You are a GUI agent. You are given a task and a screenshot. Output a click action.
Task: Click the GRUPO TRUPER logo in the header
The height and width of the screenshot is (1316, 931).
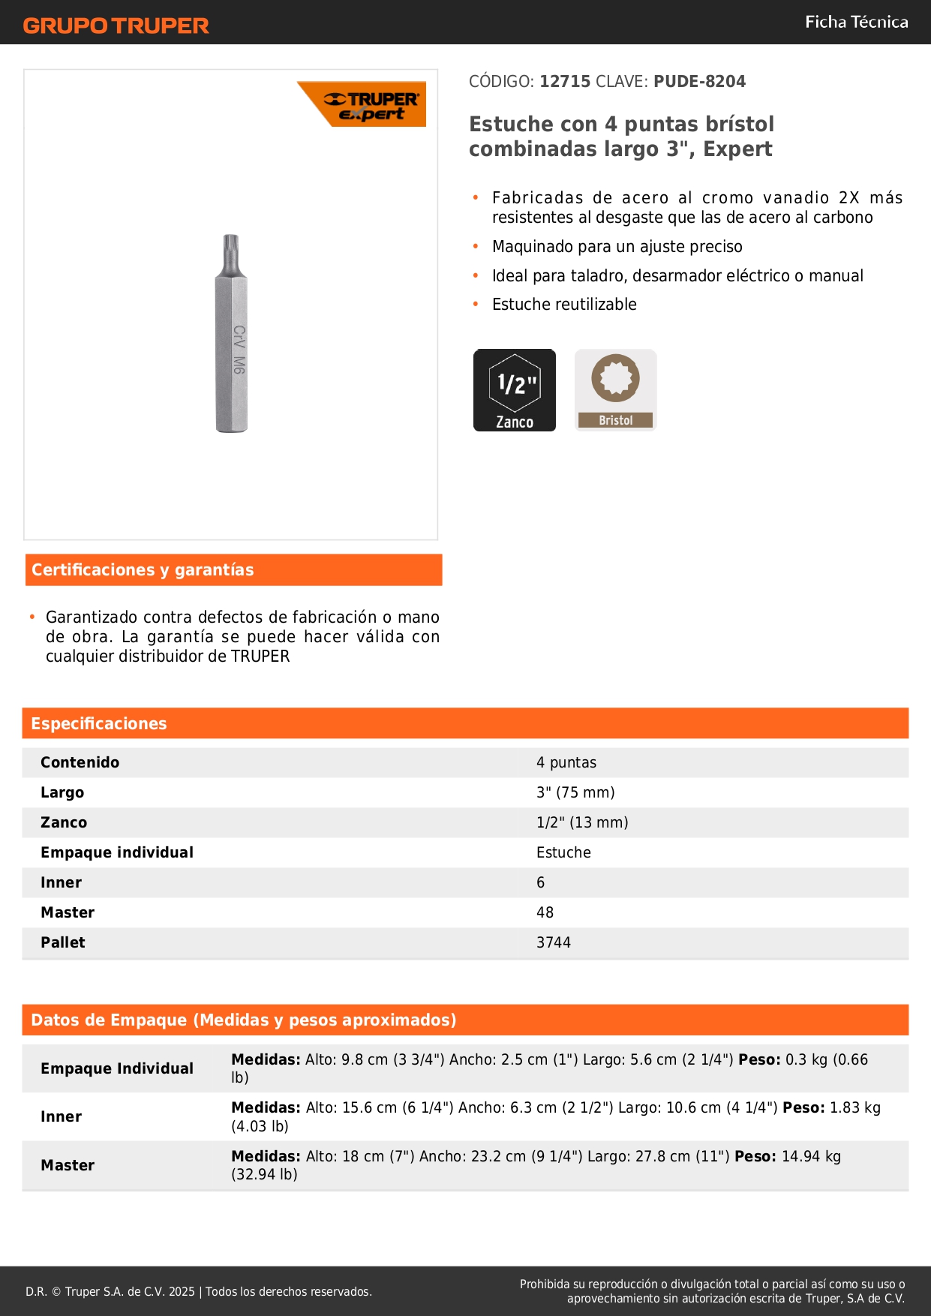[x=116, y=26]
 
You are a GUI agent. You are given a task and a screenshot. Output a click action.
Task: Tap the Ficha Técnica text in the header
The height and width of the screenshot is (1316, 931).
[x=856, y=23]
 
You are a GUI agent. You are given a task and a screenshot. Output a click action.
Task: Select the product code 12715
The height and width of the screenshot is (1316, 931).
[x=565, y=82]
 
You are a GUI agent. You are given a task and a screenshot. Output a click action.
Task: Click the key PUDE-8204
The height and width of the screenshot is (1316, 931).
[x=699, y=82]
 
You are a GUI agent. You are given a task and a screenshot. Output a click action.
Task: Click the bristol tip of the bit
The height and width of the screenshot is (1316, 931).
[x=230, y=248]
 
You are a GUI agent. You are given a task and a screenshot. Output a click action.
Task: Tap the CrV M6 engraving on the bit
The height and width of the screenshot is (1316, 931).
[x=239, y=350]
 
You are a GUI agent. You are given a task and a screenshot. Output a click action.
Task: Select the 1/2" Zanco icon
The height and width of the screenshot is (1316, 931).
[x=515, y=390]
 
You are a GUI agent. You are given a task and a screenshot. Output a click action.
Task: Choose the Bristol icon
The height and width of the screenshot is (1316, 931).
[x=616, y=390]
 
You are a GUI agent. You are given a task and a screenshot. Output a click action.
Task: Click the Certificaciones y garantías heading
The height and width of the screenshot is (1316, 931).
[x=143, y=570]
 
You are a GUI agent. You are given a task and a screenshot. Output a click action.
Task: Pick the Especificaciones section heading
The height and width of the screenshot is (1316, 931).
[x=99, y=724]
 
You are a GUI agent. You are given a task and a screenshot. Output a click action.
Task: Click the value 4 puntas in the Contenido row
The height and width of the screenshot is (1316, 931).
[x=566, y=763]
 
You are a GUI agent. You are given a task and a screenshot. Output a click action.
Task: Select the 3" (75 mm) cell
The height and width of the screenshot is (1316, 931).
[x=575, y=793]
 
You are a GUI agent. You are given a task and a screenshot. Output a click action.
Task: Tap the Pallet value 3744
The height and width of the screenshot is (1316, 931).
[x=554, y=943]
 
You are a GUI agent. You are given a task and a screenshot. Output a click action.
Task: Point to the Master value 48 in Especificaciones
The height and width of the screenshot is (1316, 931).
[x=545, y=913]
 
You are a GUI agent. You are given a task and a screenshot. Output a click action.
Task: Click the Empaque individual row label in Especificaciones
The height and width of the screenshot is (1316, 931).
[x=117, y=853]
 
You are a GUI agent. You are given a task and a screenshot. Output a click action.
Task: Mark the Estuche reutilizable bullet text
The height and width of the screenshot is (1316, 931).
[x=564, y=305]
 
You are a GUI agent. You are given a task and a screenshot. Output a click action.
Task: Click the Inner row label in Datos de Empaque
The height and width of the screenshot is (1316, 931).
[x=62, y=1117]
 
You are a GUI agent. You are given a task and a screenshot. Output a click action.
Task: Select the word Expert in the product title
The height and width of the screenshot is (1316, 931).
[x=737, y=149]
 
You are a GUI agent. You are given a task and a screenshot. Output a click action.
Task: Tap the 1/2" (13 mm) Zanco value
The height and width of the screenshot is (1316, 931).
[x=582, y=823]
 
